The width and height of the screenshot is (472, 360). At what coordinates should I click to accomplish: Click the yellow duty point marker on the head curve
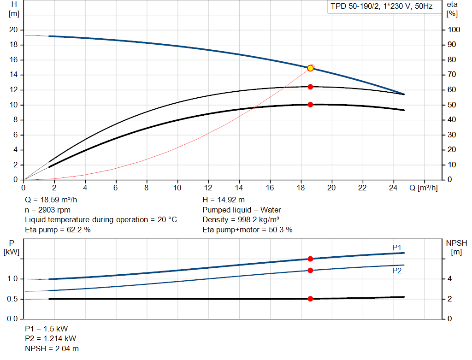[310, 68]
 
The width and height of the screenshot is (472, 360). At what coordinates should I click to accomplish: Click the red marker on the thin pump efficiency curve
[310, 87]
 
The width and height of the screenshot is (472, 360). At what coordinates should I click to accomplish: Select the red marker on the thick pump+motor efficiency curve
[310, 105]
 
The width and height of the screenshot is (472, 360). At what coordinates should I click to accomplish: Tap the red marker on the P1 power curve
[310, 259]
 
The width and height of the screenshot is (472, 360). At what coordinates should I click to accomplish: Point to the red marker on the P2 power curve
[310, 270]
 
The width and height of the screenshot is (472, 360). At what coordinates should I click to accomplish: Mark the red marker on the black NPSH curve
[310, 299]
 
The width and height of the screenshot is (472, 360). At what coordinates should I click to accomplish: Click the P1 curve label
[397, 248]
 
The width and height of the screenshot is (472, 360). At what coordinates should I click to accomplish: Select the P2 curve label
[397, 271]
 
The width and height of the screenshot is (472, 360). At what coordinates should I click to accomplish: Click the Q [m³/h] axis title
[423, 188]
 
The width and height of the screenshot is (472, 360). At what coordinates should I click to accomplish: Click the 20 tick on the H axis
[13, 30]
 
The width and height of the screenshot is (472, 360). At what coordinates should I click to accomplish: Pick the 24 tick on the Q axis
[394, 188]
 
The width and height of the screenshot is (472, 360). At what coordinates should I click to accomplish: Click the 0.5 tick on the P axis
[12, 299]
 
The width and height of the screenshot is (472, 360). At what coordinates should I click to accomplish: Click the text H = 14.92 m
[224, 200]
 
